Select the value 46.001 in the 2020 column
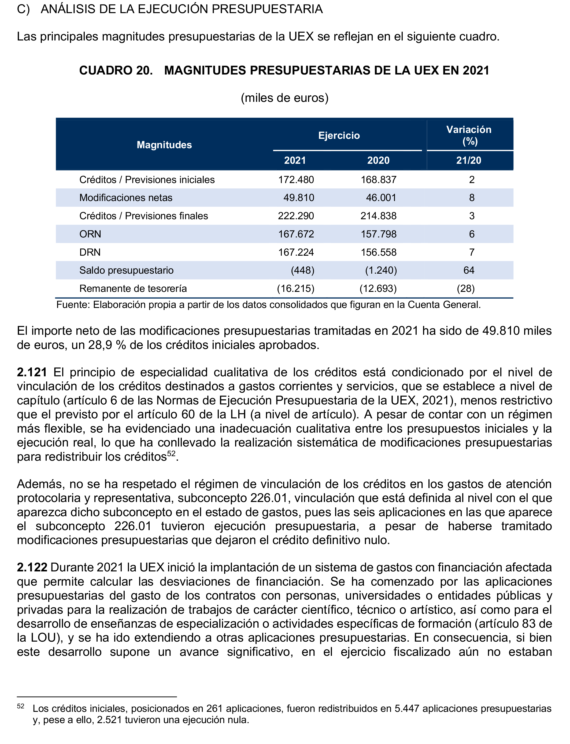[x=381, y=198]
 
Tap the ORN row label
[x=90, y=234]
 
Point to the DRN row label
[x=90, y=252]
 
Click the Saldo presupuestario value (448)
[x=303, y=270]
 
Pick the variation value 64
[x=469, y=270]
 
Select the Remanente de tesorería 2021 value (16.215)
[x=295, y=289]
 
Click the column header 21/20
[x=469, y=160]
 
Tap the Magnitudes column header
[x=164, y=145]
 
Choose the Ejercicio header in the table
[x=339, y=136]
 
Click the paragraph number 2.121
[x=32, y=372]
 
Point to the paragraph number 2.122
[x=32, y=567]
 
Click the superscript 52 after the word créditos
[x=171, y=454]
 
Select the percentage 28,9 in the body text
[x=100, y=345]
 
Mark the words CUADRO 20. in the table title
[x=116, y=70]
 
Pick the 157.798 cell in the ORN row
[x=379, y=234]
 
